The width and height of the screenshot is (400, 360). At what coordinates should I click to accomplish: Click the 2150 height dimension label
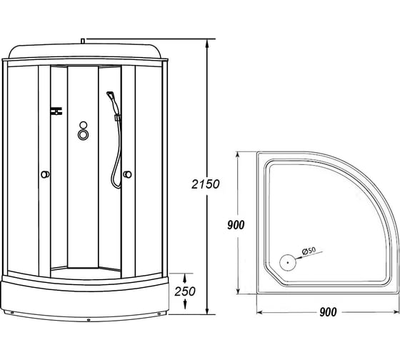tap(206, 184)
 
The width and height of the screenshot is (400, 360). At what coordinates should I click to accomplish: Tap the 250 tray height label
tap(185, 291)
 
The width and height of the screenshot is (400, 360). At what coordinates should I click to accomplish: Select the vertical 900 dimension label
tap(236, 225)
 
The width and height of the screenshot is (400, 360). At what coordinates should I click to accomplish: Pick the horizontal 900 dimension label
tap(328, 312)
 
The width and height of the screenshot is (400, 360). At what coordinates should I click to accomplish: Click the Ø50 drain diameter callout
tap(309, 250)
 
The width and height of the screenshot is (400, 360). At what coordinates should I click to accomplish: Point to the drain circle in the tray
tap(287, 261)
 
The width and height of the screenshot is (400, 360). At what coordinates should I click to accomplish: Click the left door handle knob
tap(45, 174)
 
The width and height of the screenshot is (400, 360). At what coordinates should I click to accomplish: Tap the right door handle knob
tap(127, 174)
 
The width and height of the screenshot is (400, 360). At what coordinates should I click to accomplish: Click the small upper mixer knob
tap(83, 125)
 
